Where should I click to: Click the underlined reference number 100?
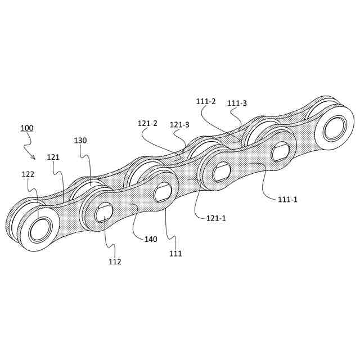(x=26, y=128)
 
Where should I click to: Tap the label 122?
(x=29, y=174)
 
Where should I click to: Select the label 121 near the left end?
(x=53, y=157)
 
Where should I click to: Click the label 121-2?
(x=147, y=123)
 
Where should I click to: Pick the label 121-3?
(x=179, y=125)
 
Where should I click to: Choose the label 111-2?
(x=206, y=101)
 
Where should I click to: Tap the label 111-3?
(x=237, y=103)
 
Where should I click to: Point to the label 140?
(x=151, y=239)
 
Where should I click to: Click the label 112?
(x=115, y=261)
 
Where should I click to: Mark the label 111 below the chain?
(x=175, y=254)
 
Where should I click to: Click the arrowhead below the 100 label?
(x=34, y=157)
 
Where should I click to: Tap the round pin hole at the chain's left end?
(x=40, y=228)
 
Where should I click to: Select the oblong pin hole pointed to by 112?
(x=105, y=213)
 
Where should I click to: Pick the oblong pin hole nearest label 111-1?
(x=280, y=151)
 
